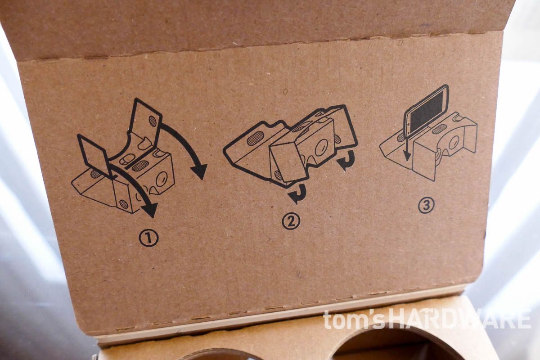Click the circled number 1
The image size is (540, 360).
point(148,238)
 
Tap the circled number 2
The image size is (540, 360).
point(291,221)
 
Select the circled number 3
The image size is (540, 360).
point(426,205)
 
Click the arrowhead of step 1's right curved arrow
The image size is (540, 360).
point(198,171)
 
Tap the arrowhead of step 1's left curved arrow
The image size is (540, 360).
point(150,209)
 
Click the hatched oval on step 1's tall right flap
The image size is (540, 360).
point(153,121)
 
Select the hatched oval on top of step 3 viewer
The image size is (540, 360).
point(439,129)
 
